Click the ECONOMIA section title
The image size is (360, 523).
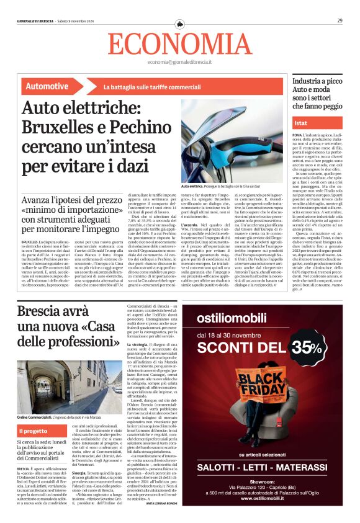[x=179, y=43]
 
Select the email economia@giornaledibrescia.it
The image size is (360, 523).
[x=179, y=63]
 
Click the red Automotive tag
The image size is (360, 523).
[x=48, y=86]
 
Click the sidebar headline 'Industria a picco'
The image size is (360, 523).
[x=317, y=81]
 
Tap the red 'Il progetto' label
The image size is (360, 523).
[x=32, y=431]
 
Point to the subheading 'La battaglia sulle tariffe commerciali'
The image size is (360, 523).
[x=144, y=87]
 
